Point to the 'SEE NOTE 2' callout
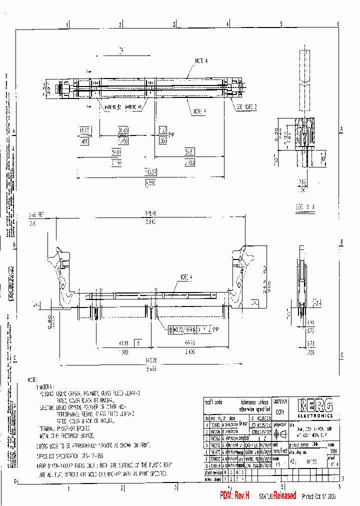(246, 107)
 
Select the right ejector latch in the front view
(242, 275)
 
